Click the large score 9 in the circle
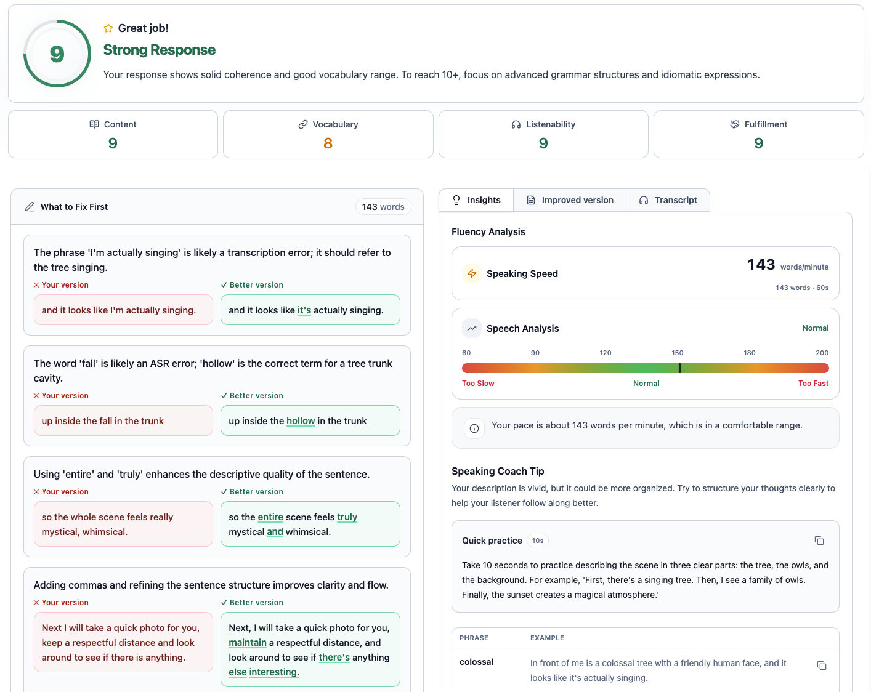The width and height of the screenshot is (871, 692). [x=57, y=54]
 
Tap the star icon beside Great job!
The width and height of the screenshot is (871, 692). [x=108, y=28]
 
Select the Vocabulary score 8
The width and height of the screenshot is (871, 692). [x=328, y=143]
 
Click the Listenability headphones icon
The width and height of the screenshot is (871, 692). [x=516, y=124]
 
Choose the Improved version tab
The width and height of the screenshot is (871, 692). [x=570, y=200]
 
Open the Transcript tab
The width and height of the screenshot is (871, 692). [x=668, y=200]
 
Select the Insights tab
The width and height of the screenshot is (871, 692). [x=476, y=200]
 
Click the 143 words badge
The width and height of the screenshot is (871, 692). [x=383, y=207]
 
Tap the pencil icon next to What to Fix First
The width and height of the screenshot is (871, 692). [x=30, y=207]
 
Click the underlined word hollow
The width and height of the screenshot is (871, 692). [x=301, y=421]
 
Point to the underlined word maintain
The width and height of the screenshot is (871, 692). [x=248, y=643]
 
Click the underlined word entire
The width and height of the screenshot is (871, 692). [x=270, y=517]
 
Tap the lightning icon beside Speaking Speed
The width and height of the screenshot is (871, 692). [x=472, y=273]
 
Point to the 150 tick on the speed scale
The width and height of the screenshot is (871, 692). [x=678, y=353]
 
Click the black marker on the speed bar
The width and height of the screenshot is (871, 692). [x=679, y=368]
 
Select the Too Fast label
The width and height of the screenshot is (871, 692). [x=813, y=384]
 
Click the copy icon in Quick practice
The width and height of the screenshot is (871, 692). [x=819, y=541]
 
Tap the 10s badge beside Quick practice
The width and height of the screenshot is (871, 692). [x=538, y=541]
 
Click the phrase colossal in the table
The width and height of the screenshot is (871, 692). [x=477, y=662]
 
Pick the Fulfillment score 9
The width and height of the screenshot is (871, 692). [x=758, y=143]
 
